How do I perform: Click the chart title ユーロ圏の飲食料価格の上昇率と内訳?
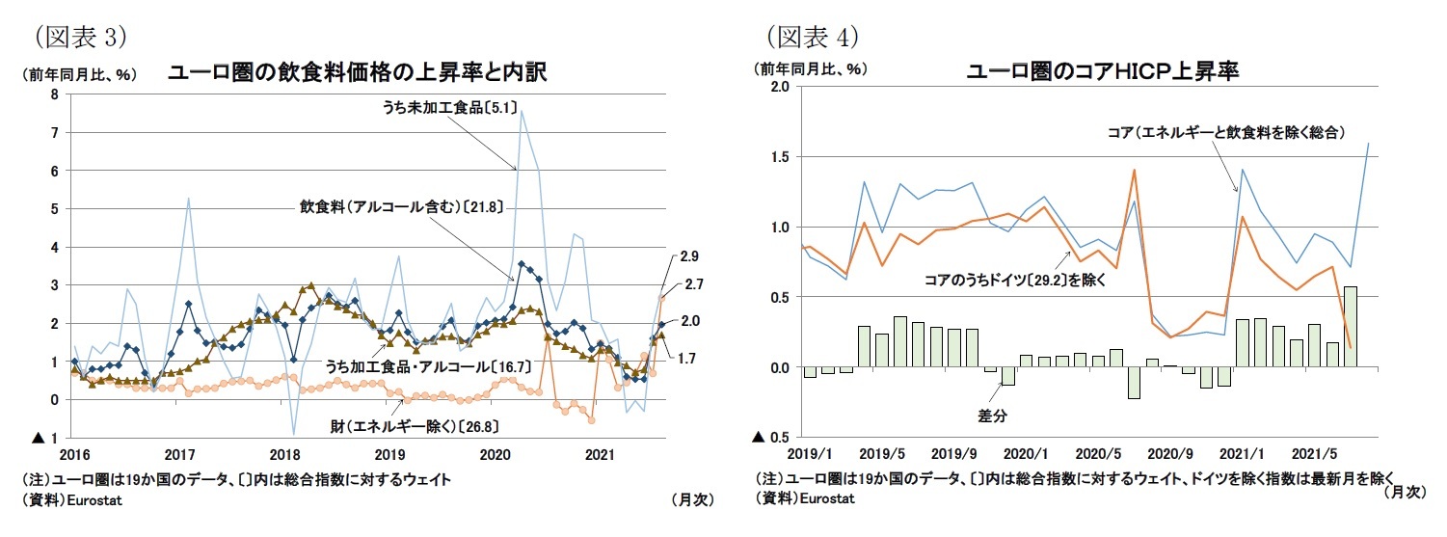pyautogui.click(x=358, y=72)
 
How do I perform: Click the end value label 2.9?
pyautogui.click(x=688, y=256)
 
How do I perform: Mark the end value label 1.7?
pyautogui.click(x=687, y=359)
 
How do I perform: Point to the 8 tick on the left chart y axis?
pyautogui.click(x=55, y=94)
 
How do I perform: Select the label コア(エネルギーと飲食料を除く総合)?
pyautogui.click(x=1224, y=131)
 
